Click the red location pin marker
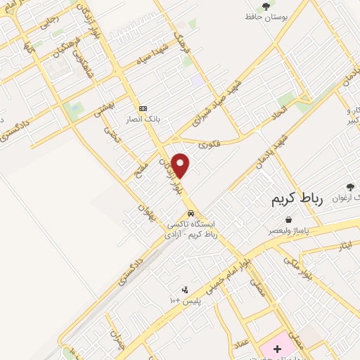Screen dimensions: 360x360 [x=181, y=165]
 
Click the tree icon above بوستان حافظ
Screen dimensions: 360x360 [x=265, y=6]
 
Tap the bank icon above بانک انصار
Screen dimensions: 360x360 [x=143, y=108]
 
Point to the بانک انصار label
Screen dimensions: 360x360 [x=143, y=119]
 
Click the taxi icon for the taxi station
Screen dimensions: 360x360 [x=190, y=213]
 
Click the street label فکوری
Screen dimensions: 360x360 [x=208, y=146]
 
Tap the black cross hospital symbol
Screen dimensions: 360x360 [x=277, y=349]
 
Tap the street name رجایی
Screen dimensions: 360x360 [x=51, y=22]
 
